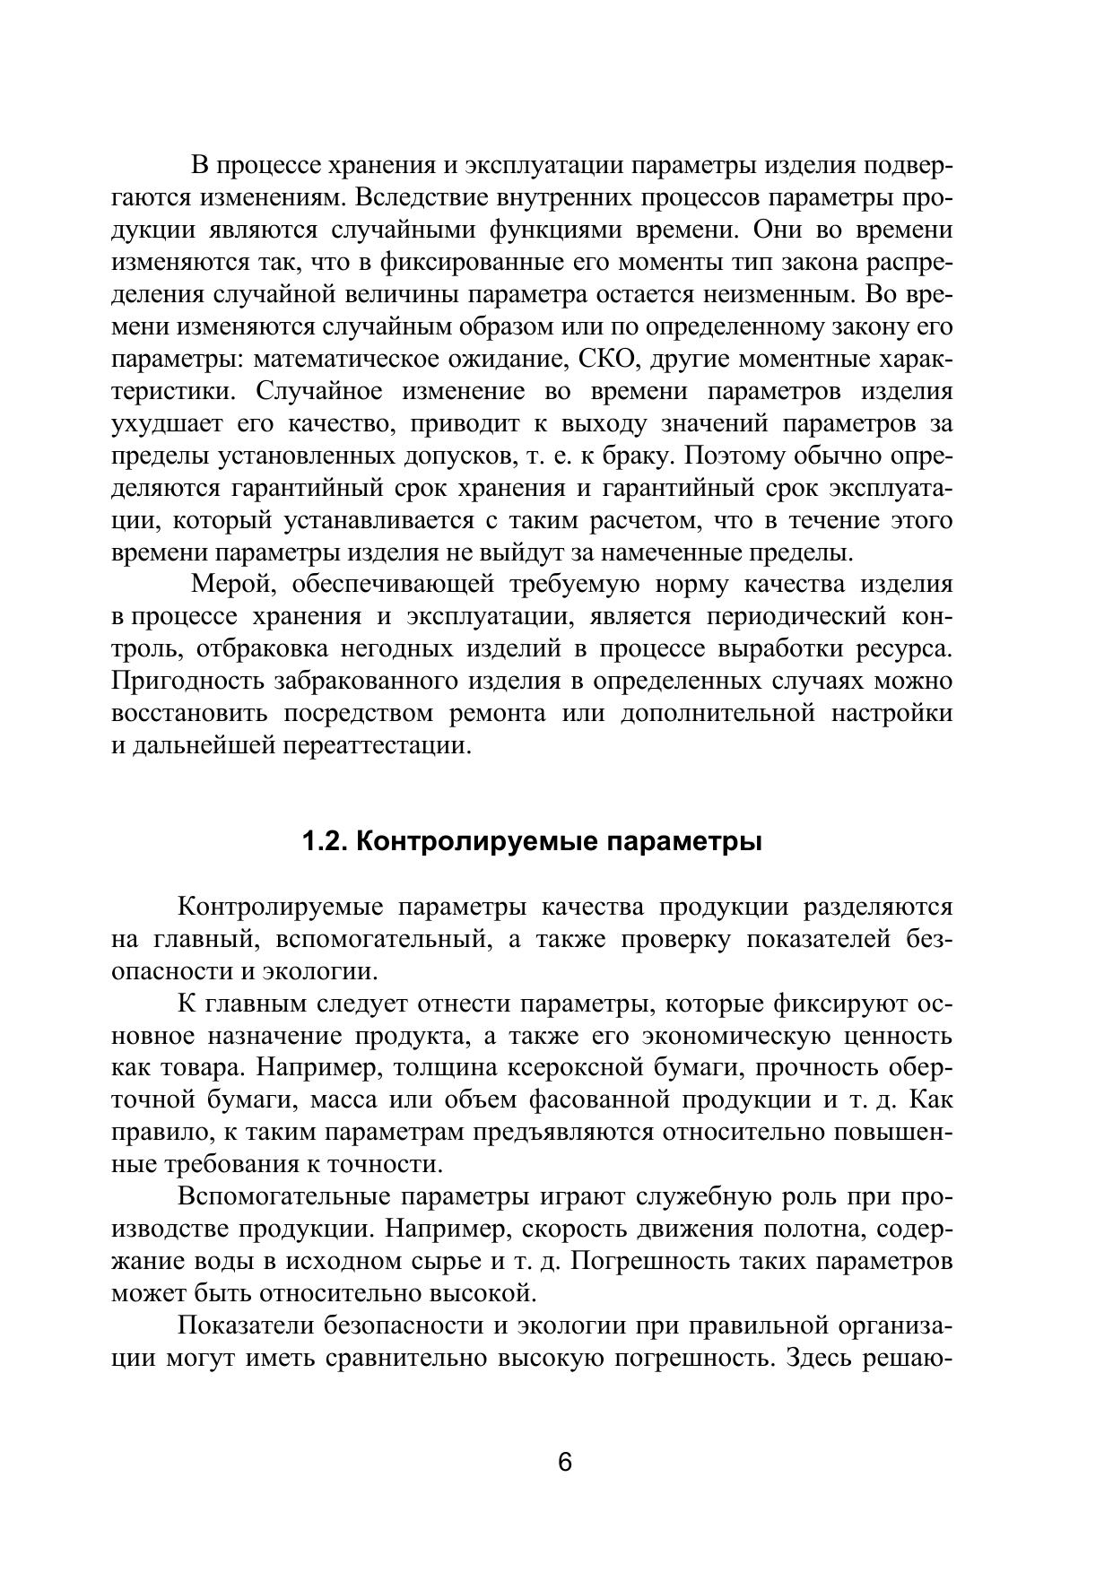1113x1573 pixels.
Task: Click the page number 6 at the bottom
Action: coord(564,1462)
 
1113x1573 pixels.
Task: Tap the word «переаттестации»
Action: coord(377,746)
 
